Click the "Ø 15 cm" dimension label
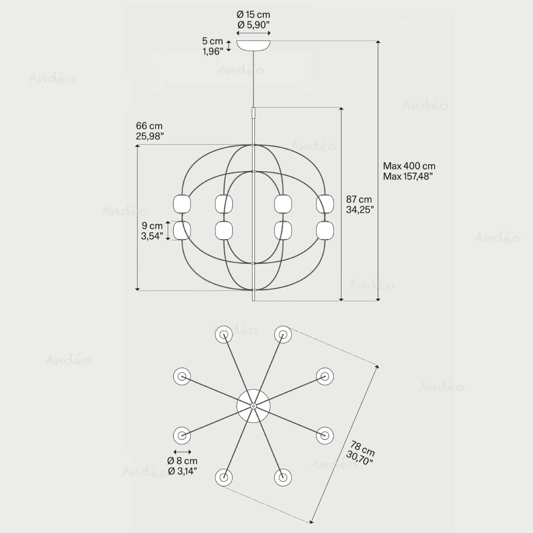(x=253, y=15)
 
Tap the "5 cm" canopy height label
(x=212, y=41)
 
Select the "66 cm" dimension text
(x=149, y=126)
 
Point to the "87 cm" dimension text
(x=359, y=199)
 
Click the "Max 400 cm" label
(x=409, y=166)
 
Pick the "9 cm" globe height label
(x=152, y=226)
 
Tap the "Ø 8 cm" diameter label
(x=182, y=461)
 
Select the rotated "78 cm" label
(x=362, y=448)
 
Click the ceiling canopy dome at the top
(x=253, y=45)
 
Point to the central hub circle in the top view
(x=253, y=405)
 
